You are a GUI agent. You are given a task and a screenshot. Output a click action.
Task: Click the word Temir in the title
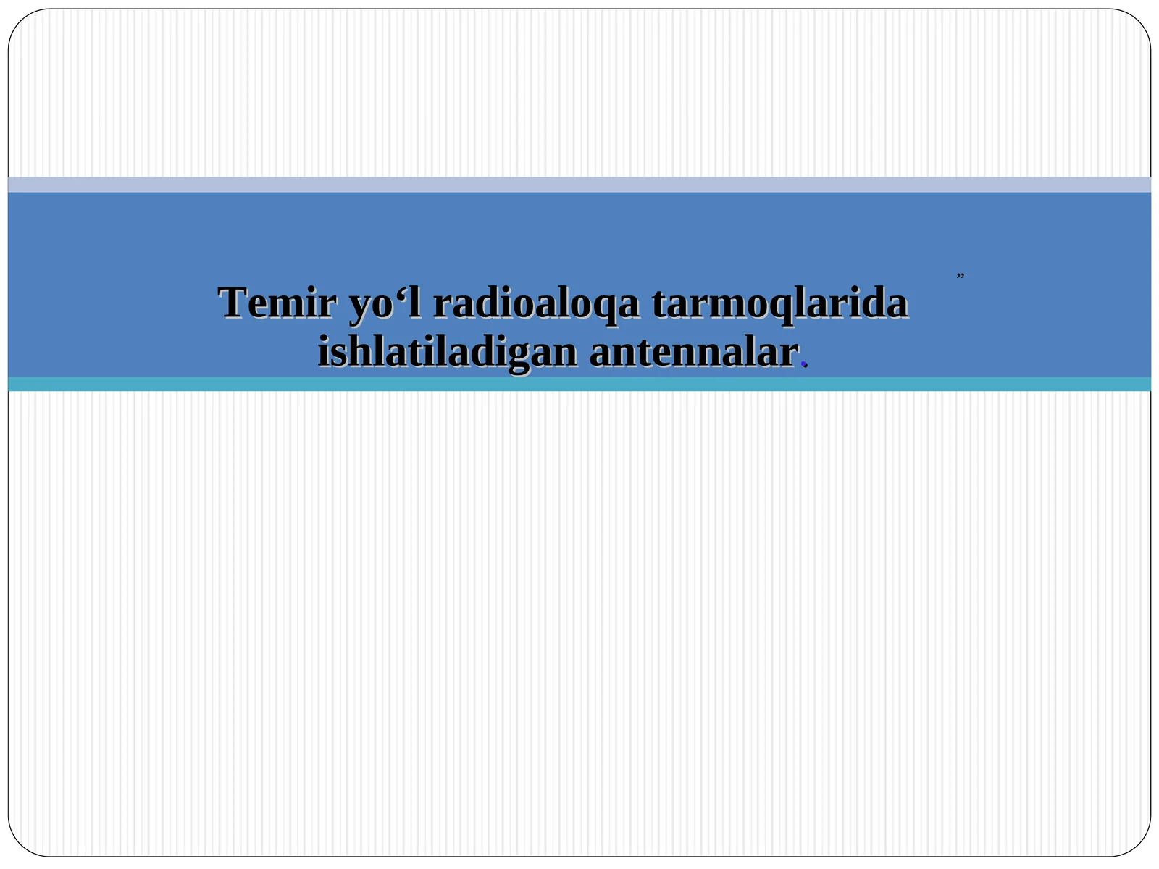[277, 303]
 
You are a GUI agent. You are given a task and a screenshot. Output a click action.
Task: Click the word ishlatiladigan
[447, 353]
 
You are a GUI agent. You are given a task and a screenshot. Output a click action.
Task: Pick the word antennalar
[693, 353]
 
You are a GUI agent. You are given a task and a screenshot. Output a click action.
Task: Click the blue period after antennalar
[803, 366]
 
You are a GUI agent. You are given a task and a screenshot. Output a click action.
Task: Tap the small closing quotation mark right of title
[960, 275]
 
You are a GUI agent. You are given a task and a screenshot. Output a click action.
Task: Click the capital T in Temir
[233, 303]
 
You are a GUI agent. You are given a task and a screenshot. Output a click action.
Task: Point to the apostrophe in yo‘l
[403, 293]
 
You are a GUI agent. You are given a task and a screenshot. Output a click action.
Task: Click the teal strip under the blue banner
[579, 384]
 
